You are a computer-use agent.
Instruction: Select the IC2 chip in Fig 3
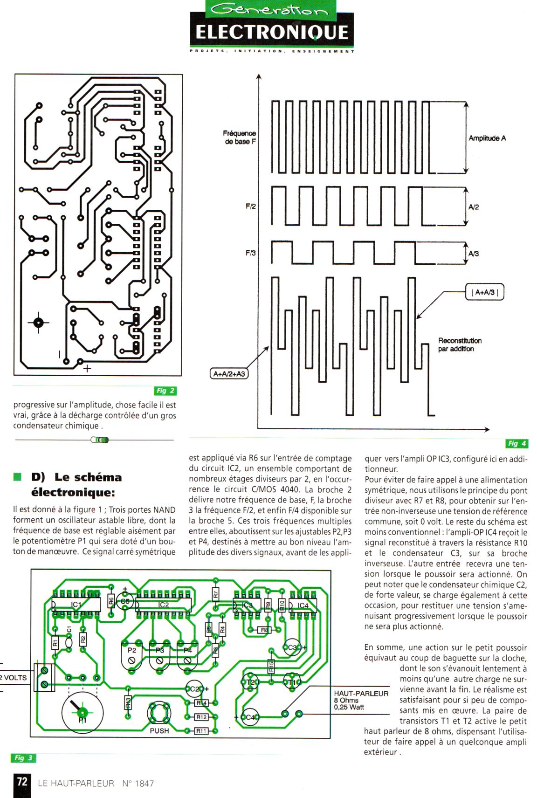163,605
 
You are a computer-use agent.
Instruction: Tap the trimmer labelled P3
159,654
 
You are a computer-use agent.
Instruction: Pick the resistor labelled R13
128,702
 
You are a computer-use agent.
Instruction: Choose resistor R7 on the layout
215,594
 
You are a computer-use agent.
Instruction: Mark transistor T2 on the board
250,682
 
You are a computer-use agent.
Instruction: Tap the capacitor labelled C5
125,601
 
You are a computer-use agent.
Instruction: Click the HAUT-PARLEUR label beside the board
361,693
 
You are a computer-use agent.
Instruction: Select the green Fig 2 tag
165,391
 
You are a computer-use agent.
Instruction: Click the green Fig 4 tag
516,443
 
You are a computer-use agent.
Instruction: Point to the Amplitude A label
487,138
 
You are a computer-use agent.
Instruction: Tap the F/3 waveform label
251,253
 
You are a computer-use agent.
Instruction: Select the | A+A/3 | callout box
485,293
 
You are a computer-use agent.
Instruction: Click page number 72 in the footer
22,781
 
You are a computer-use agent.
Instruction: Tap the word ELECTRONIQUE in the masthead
271,33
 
